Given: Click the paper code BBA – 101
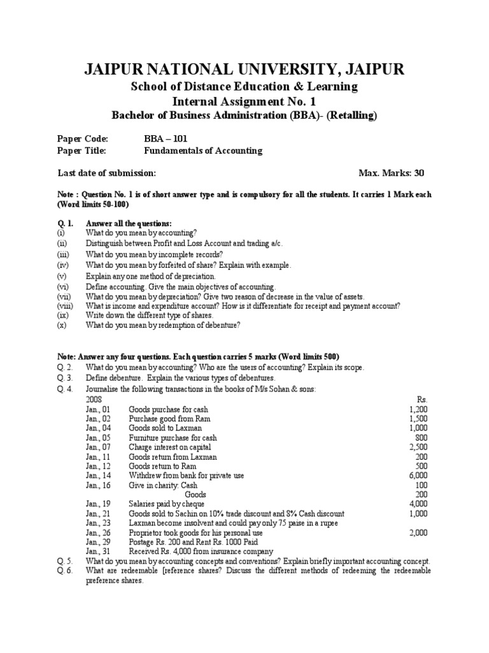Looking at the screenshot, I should (x=166, y=139).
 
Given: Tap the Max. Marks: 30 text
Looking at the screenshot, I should (x=392, y=173).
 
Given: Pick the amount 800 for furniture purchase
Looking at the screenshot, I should (x=421, y=438).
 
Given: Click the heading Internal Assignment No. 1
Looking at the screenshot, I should (x=244, y=101).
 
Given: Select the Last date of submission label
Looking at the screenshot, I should (x=106, y=173).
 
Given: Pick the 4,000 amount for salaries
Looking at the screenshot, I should (x=418, y=504).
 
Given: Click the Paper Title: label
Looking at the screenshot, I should (x=81, y=151).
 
